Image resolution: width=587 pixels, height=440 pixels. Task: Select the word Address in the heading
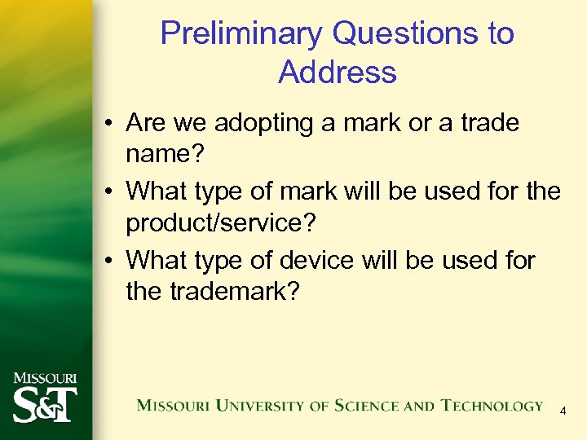337,72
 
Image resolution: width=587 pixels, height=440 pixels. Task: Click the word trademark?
236,291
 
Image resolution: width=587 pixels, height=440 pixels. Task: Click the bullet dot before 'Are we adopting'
109,125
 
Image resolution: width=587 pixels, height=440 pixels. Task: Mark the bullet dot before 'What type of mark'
109,192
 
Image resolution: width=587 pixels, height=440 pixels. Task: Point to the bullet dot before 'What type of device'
109,261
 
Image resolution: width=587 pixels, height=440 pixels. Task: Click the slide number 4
563,412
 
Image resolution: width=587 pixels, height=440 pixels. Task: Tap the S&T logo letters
44,404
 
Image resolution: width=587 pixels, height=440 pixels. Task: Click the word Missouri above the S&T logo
45,378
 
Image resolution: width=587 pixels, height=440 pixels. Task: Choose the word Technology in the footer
492,405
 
